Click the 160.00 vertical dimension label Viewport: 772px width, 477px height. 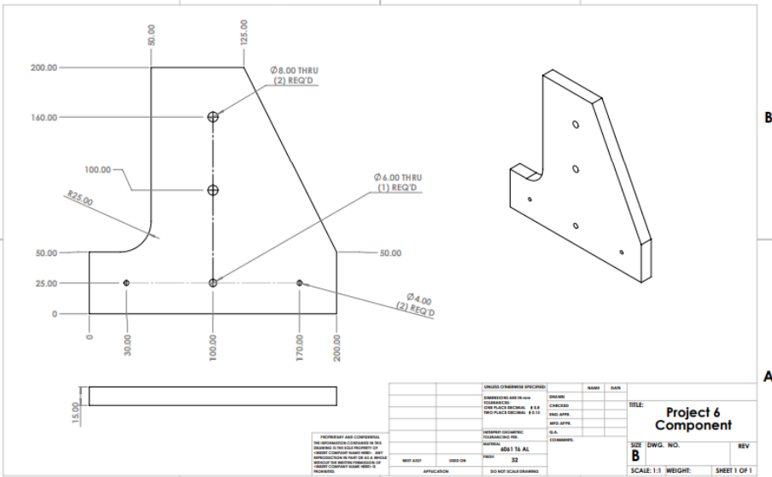tap(44, 117)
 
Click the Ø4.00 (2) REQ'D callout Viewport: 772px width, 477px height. tap(419, 303)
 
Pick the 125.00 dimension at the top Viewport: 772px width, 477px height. tap(244, 32)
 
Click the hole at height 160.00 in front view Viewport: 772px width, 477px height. tap(213, 117)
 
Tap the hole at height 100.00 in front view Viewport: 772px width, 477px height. tap(213, 189)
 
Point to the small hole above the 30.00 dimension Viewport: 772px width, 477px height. tap(126, 282)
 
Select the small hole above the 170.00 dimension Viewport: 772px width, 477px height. tap(300, 282)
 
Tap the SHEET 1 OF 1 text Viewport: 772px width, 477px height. tap(734, 469)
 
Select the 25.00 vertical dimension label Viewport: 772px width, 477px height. tap(44, 282)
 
